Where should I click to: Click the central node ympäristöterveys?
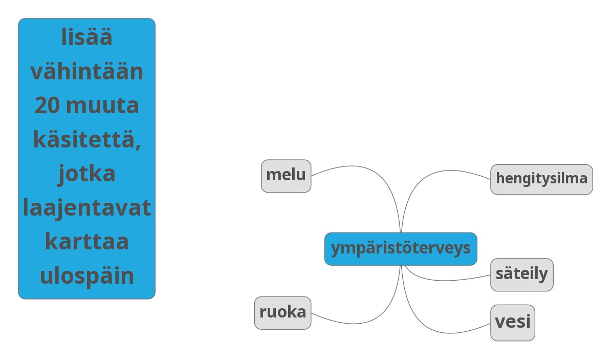pos(401,249)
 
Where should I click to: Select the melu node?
pos(286,176)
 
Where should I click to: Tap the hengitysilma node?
pos(541,179)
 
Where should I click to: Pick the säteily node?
pos(521,274)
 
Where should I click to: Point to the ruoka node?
pos(282,312)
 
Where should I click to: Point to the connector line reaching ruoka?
pos(358,324)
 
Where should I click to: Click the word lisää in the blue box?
pos(86,38)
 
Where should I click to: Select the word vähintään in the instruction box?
pos(86,72)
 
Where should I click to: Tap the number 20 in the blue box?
pos(47,106)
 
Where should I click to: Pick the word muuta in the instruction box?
pos(102,106)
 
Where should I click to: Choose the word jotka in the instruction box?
pos(86,174)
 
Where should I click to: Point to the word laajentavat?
pos(86,208)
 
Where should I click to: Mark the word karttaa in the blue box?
pos(86,242)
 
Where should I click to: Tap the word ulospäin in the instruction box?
pos(86,276)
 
